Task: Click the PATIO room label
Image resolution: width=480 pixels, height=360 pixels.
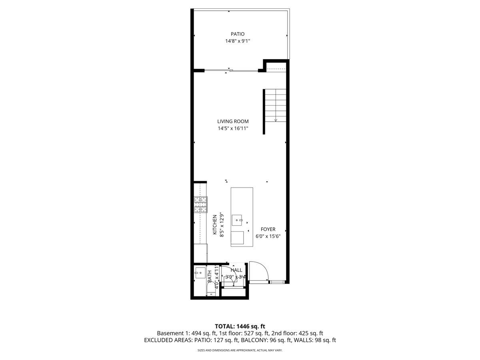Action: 237,34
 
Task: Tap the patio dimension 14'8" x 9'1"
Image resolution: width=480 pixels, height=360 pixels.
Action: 237,41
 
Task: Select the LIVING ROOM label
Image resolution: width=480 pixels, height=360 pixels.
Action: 233,121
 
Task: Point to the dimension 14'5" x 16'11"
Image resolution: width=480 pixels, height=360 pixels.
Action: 233,128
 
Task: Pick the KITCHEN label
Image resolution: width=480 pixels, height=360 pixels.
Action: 215,225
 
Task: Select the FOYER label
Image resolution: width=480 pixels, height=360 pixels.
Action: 268,229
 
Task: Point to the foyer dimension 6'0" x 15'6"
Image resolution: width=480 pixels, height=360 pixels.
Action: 268,236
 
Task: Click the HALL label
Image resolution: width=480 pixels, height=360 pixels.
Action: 236,270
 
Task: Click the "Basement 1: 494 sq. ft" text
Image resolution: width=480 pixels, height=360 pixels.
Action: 186,333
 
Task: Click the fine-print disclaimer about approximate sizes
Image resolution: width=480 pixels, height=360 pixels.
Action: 240,350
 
